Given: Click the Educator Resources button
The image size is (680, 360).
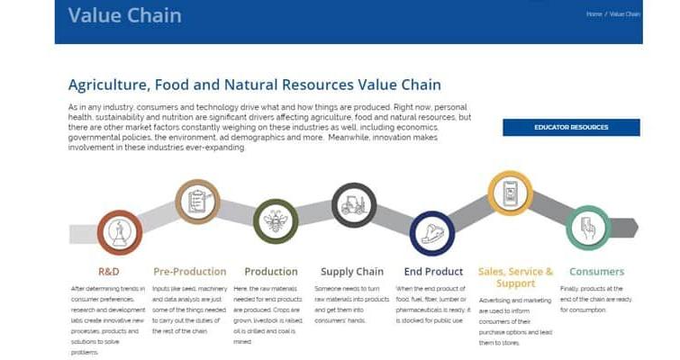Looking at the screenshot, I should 571,127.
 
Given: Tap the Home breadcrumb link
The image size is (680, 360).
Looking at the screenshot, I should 594,14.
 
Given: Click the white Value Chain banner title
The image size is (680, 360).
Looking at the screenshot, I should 124,15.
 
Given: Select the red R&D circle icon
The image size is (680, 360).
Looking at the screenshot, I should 119,233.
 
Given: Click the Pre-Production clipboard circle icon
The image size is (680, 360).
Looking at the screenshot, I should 197,202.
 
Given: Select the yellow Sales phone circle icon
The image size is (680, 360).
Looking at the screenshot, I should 510,193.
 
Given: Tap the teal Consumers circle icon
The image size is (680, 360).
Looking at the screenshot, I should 588,228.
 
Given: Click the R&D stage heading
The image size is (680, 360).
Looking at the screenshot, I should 108,271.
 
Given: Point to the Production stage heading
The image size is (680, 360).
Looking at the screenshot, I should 271,271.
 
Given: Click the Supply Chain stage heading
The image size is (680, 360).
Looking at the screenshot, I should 352,271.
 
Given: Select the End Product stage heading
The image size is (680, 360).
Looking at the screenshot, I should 431,271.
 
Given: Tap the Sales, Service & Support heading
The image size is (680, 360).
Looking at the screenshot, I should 515,277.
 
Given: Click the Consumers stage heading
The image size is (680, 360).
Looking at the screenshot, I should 596,271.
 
